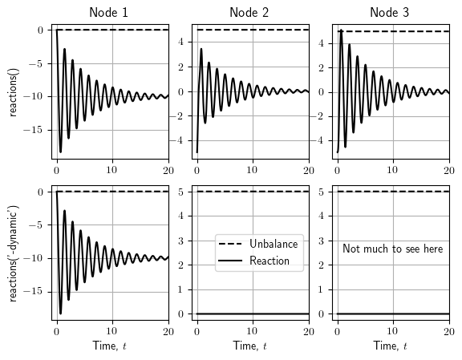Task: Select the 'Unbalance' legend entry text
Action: click(274, 244)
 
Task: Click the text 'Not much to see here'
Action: click(392, 249)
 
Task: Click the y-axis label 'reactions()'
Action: click(14, 91)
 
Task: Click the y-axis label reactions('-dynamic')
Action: click(14, 253)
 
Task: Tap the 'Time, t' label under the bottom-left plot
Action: click(110, 346)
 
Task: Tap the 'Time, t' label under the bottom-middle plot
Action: click(250, 346)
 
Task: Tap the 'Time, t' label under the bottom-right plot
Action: click(391, 346)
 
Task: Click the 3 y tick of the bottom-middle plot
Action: click(184, 241)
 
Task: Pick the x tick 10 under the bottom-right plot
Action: click(393, 330)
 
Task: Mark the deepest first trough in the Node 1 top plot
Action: click(60, 152)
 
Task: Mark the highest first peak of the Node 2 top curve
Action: click(201, 49)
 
